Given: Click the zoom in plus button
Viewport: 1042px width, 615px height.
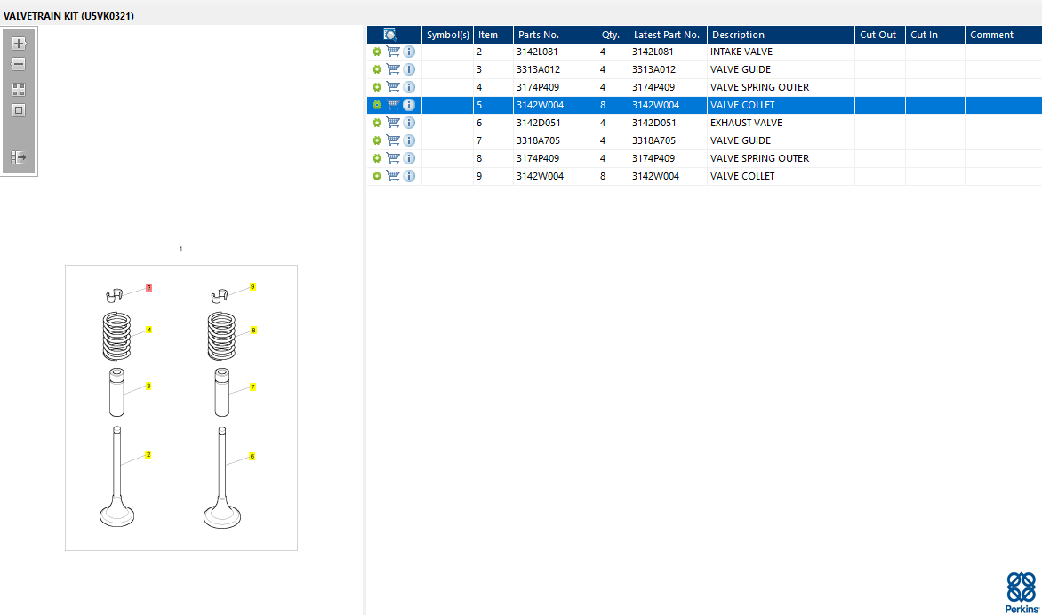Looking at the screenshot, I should [19, 43].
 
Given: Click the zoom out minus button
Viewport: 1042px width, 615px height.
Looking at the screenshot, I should [19, 64].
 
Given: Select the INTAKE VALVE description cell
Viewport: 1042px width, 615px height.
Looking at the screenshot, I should [741, 52].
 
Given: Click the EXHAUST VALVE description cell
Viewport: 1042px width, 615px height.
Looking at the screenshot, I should [746, 123].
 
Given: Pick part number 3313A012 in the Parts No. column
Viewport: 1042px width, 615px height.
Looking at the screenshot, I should [538, 69].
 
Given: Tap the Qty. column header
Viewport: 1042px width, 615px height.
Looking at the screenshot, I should [611, 35].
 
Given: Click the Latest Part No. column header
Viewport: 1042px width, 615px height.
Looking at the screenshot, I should [667, 35].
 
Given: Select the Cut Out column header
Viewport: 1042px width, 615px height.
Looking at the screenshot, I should [878, 35].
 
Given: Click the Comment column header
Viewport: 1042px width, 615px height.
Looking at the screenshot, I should [992, 35].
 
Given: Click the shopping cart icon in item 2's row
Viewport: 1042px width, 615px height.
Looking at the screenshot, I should [393, 52].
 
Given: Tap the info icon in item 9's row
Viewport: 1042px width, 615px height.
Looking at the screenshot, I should [409, 176].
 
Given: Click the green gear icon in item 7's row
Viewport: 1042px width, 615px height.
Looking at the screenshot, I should [377, 140].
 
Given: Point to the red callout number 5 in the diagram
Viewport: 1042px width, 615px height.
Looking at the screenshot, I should [148, 288].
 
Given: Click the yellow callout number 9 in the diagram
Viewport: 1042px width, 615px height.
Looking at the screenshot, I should [252, 287].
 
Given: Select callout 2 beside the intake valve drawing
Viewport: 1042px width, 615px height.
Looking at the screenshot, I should [148, 454].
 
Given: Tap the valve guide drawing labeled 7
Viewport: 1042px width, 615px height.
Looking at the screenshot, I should [222, 391].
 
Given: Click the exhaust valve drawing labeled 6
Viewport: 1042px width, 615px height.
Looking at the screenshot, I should [220, 480].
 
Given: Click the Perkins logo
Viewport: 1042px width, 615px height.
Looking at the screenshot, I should [1021, 591].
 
